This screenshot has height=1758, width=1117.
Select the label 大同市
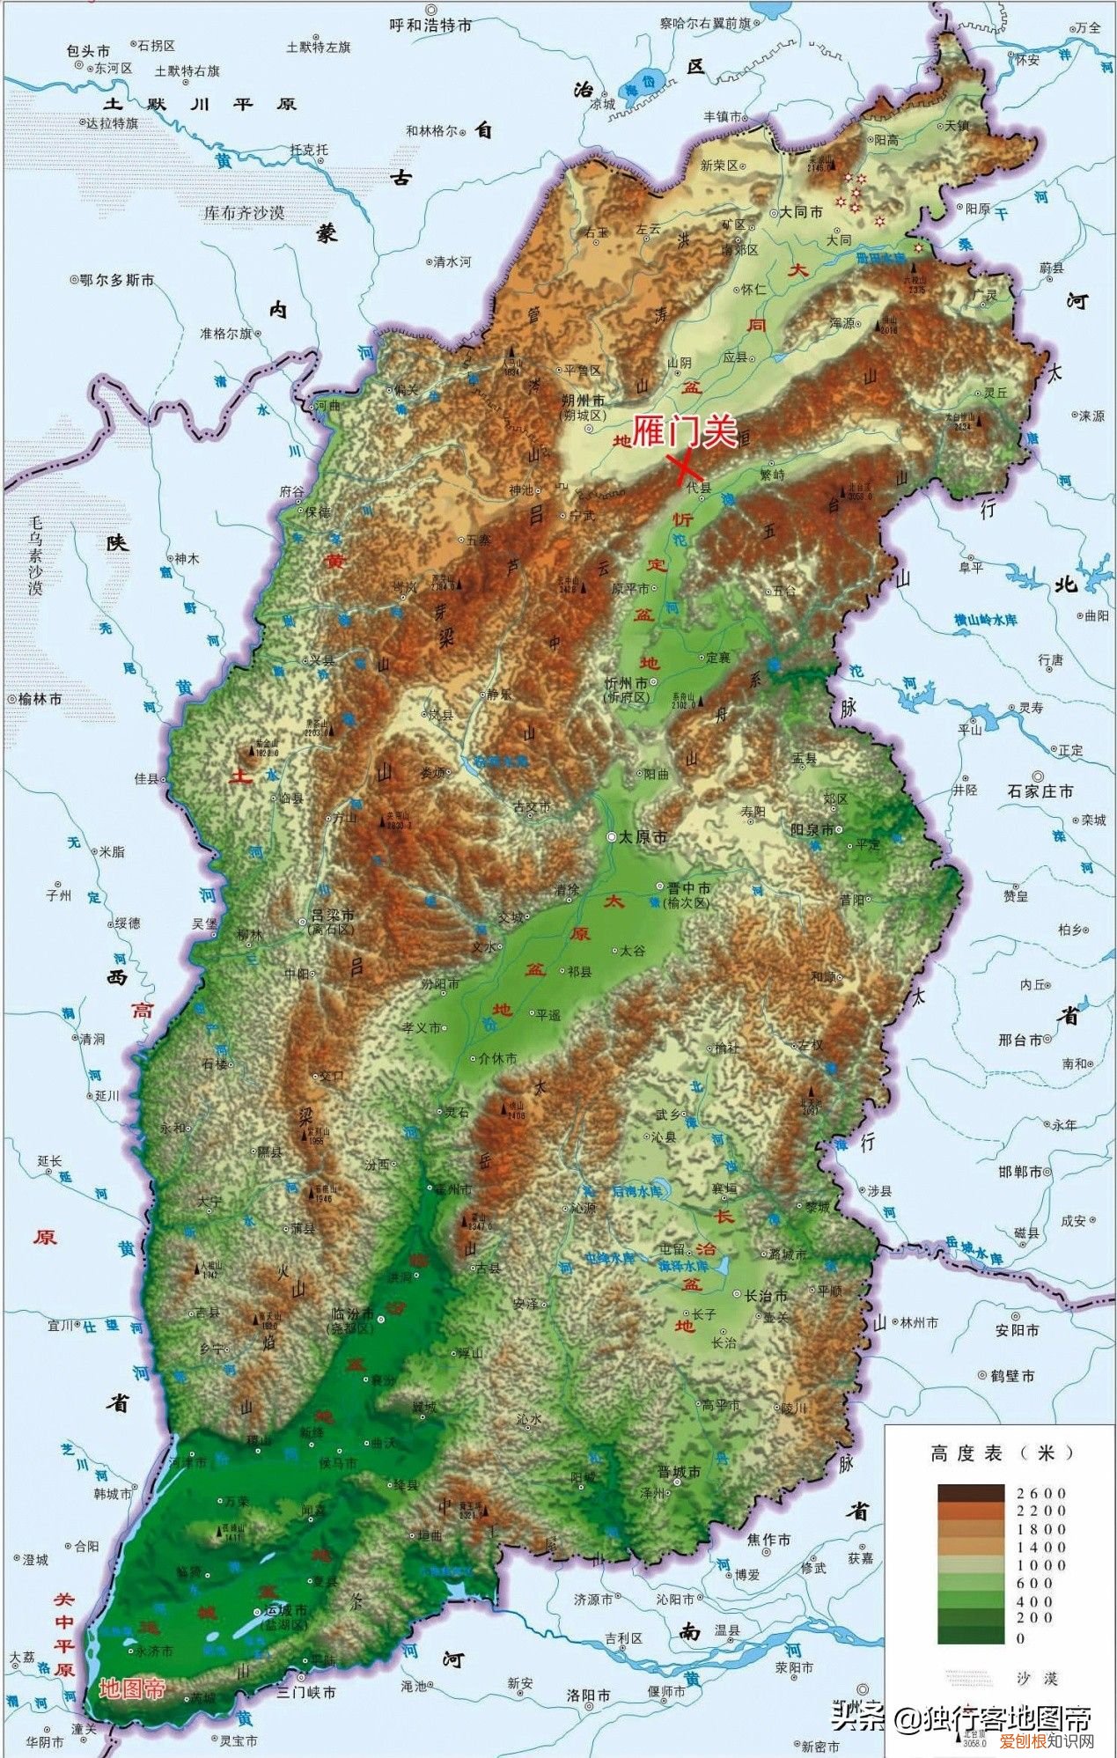(801, 213)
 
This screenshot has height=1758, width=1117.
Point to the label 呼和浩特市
(430, 26)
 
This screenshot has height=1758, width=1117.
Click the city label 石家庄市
(1041, 791)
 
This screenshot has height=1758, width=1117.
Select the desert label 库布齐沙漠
(244, 213)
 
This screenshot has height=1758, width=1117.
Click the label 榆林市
(40, 698)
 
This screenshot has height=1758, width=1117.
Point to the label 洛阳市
(589, 1695)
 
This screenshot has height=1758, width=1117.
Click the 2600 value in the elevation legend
(1040, 1493)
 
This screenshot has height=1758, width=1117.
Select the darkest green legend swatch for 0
(970, 1634)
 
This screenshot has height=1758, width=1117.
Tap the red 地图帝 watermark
(132, 1689)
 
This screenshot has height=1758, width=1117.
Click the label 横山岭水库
(987, 620)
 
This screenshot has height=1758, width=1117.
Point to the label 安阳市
(1017, 1330)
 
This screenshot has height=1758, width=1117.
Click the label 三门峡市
(305, 1692)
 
